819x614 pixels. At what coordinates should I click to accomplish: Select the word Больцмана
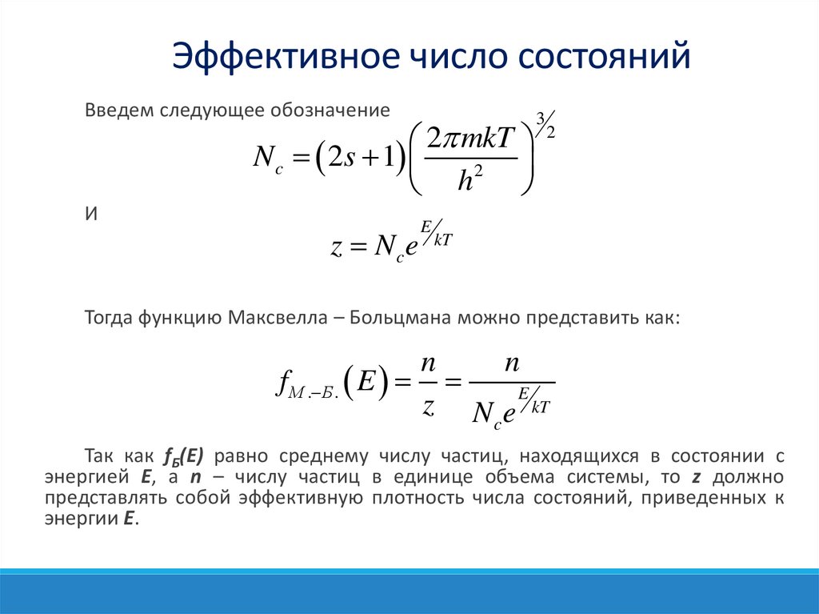(398, 318)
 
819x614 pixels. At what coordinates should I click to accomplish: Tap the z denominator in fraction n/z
(428, 406)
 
